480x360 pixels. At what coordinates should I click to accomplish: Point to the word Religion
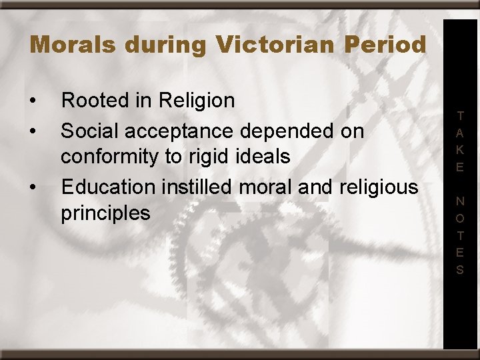197,101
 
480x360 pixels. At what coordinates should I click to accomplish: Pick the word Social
85,130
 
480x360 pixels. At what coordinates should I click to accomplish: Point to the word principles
105,214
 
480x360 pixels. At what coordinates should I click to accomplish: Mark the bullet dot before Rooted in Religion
33,102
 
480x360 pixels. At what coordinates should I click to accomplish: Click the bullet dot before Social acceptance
33,131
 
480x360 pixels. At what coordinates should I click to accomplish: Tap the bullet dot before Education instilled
33,187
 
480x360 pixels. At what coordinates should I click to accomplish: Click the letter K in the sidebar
460,150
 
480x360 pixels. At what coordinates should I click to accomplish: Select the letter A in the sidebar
460,133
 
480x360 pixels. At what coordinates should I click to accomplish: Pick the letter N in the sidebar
460,201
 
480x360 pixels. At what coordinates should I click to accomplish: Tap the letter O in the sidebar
460,218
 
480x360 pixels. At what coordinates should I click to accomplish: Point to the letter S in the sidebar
460,270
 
